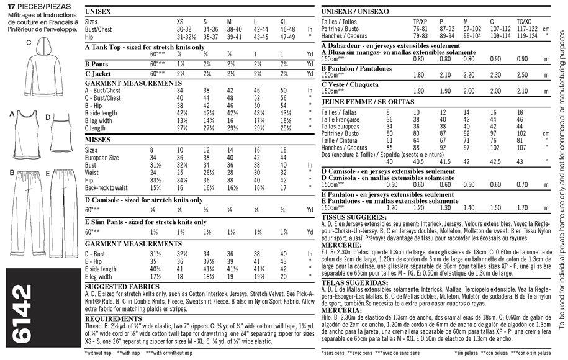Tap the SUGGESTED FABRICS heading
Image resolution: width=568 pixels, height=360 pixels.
coord(122,286)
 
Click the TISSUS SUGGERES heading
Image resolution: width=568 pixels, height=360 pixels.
coord(351,217)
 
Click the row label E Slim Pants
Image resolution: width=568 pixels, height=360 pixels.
coord(109,221)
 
